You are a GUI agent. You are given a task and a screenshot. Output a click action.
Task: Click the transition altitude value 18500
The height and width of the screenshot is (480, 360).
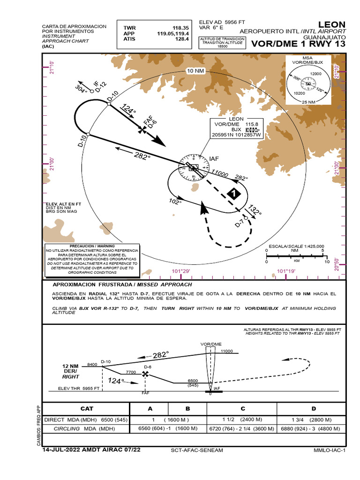[222, 46]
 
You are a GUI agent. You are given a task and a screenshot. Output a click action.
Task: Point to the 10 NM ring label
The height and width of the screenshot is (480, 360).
[196, 71]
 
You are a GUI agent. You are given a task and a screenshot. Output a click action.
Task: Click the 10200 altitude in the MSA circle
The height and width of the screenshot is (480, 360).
[299, 93]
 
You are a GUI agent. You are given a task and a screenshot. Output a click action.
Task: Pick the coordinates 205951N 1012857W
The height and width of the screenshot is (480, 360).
[236, 135]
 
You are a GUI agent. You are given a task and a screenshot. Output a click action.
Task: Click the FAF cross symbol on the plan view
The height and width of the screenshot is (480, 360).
[142, 128]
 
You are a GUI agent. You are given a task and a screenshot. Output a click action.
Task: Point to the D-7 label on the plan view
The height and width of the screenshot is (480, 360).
[240, 224]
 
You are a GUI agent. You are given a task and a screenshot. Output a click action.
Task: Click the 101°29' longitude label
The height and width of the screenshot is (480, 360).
[181, 271]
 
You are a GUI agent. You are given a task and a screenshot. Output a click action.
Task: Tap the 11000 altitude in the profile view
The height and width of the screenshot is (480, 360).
[226, 351]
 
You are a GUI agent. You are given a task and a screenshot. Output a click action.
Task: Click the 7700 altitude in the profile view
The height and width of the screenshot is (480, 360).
[131, 372]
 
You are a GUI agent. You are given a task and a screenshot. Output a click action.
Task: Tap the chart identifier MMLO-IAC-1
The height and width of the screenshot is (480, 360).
[329, 450]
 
